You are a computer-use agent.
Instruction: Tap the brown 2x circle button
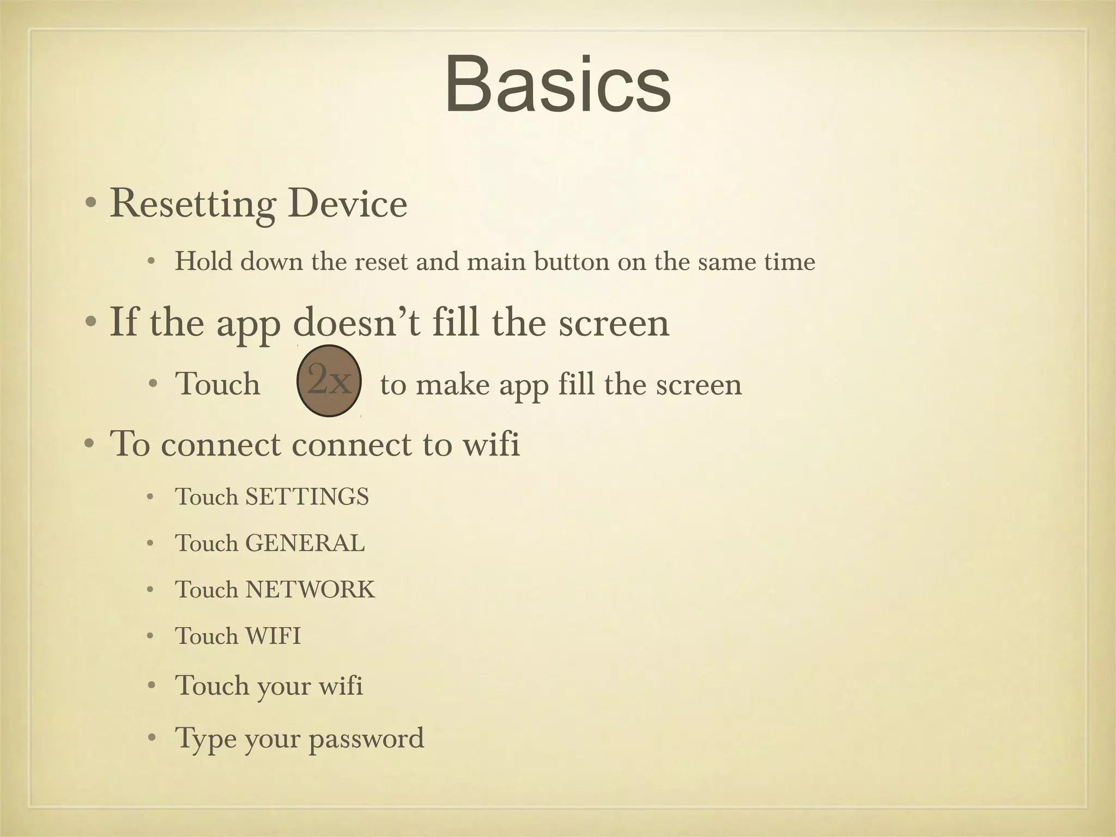pyautogui.click(x=329, y=381)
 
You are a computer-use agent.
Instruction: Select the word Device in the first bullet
pyautogui.click(x=348, y=204)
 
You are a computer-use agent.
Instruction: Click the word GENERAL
pyautogui.click(x=305, y=543)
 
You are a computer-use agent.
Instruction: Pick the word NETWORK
pyautogui.click(x=311, y=590)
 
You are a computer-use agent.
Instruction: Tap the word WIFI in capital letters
pyautogui.click(x=273, y=636)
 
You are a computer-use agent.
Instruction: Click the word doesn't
pyautogui.click(x=357, y=323)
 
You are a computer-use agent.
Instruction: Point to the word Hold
pyautogui.click(x=204, y=262)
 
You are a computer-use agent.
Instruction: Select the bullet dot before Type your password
pyautogui.click(x=151, y=738)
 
